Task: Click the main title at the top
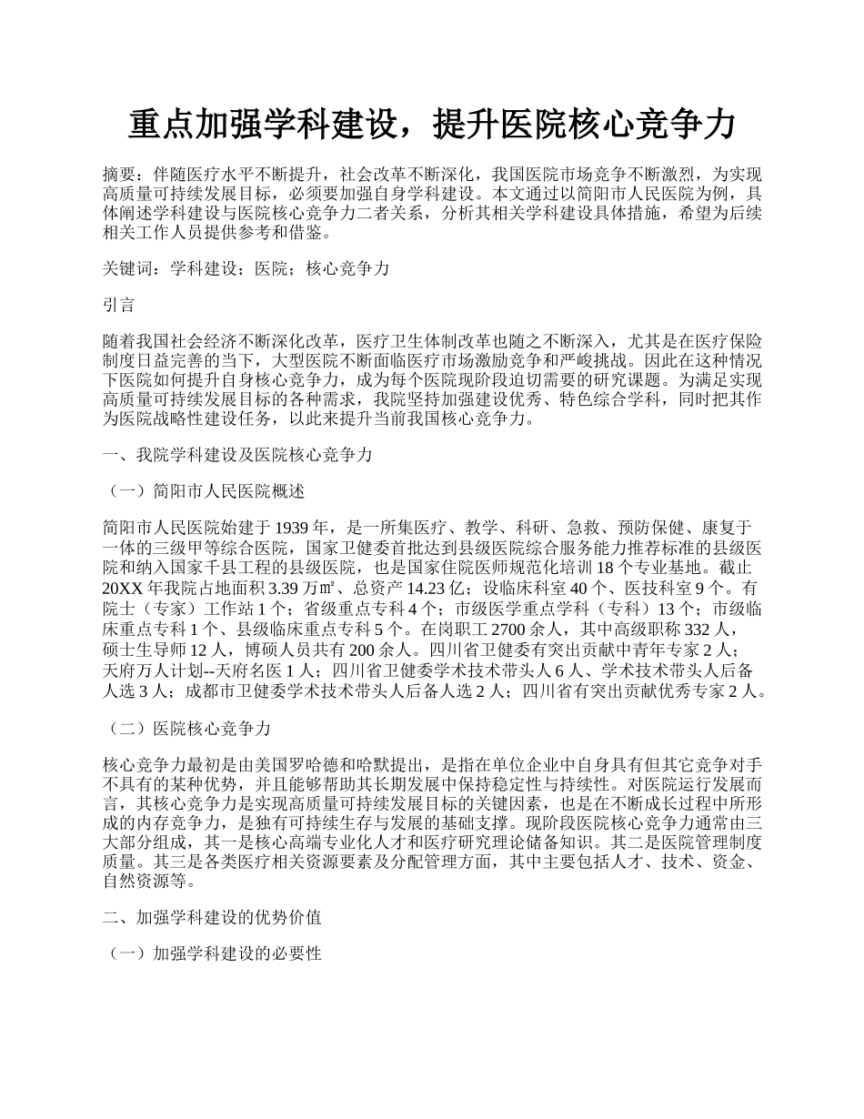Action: click(x=431, y=125)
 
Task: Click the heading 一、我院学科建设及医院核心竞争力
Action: click(x=237, y=455)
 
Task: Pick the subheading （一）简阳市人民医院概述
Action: click(x=206, y=491)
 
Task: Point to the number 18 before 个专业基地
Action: click(x=590, y=568)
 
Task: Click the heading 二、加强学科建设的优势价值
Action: click(x=212, y=916)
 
